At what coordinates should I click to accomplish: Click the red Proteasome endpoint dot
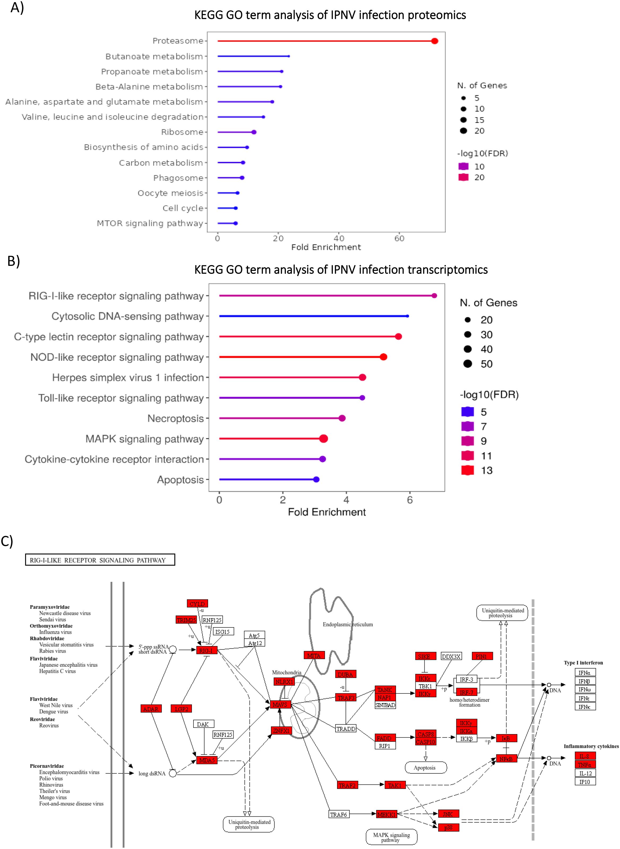434,41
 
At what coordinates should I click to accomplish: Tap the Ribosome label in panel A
182,132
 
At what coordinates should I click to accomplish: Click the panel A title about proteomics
330,15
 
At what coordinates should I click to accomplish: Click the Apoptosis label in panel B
180,480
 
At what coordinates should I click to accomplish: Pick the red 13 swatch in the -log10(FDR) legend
468,470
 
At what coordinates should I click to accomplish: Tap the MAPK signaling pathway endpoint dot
324,439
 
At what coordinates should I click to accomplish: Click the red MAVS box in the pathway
280,705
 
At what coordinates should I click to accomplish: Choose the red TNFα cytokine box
585,765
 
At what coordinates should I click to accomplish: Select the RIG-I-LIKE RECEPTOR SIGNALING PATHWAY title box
100,560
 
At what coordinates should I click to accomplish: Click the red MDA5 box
207,760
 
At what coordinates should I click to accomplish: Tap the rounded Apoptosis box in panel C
425,768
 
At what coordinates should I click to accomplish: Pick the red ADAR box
151,709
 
